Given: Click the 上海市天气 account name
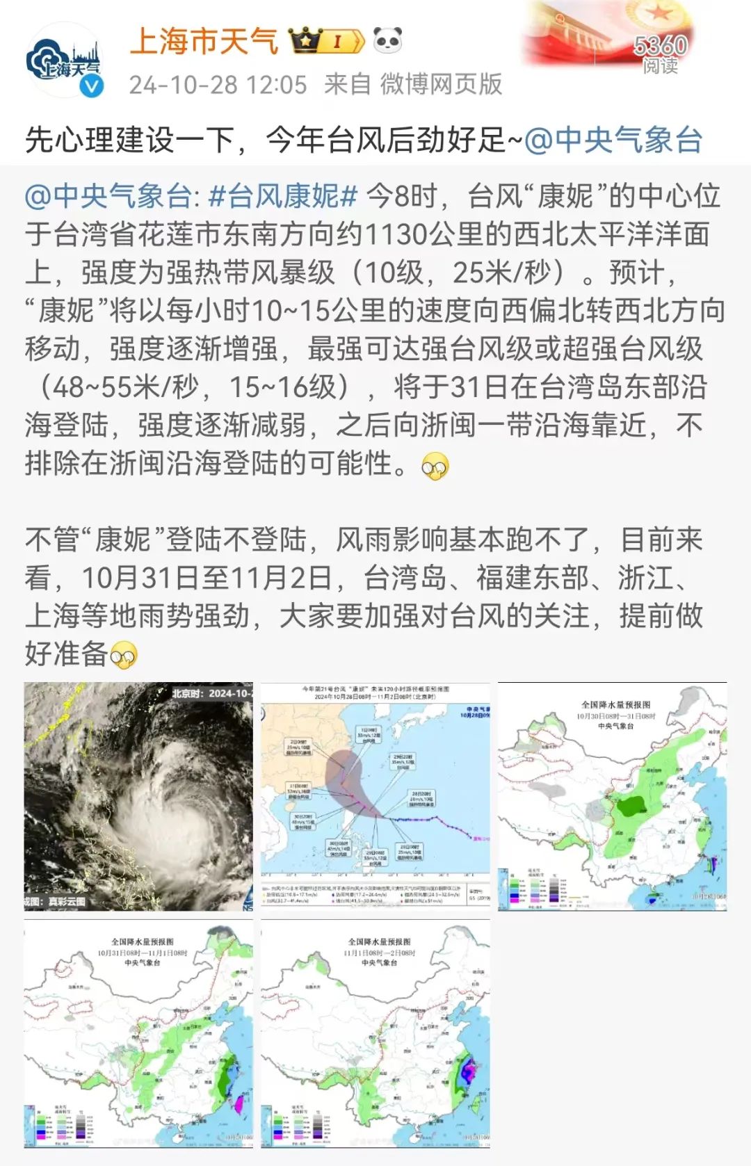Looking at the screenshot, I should [204, 42].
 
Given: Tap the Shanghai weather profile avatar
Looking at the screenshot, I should [64, 61].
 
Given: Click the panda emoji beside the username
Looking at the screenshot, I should [387, 41].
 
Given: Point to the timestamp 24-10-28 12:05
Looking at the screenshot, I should [218, 85].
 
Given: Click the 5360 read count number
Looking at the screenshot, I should [659, 46].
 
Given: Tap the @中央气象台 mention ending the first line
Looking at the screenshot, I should [613, 140].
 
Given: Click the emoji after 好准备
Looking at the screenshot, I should [124, 655].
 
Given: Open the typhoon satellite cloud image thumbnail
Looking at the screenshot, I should [138, 796].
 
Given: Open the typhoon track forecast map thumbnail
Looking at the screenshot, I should [375, 796].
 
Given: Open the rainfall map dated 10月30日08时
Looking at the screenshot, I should [612, 796].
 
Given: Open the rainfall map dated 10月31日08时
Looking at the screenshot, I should [138, 1034].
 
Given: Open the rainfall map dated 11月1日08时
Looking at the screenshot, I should [375, 1034].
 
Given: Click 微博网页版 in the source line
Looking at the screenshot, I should [441, 85].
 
